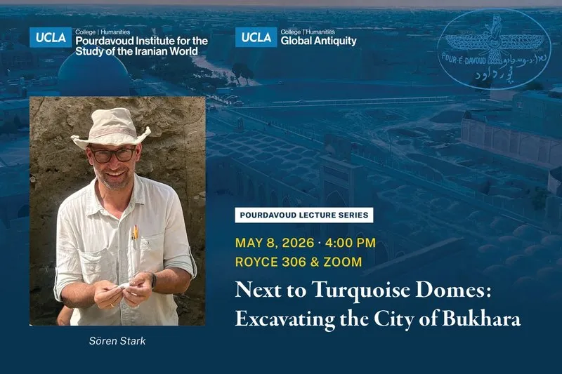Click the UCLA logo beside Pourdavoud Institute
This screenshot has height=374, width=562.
point(50,37)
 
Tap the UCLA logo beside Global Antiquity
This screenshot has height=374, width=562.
point(255,37)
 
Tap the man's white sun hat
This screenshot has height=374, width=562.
point(111,128)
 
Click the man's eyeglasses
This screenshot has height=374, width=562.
point(112,154)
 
